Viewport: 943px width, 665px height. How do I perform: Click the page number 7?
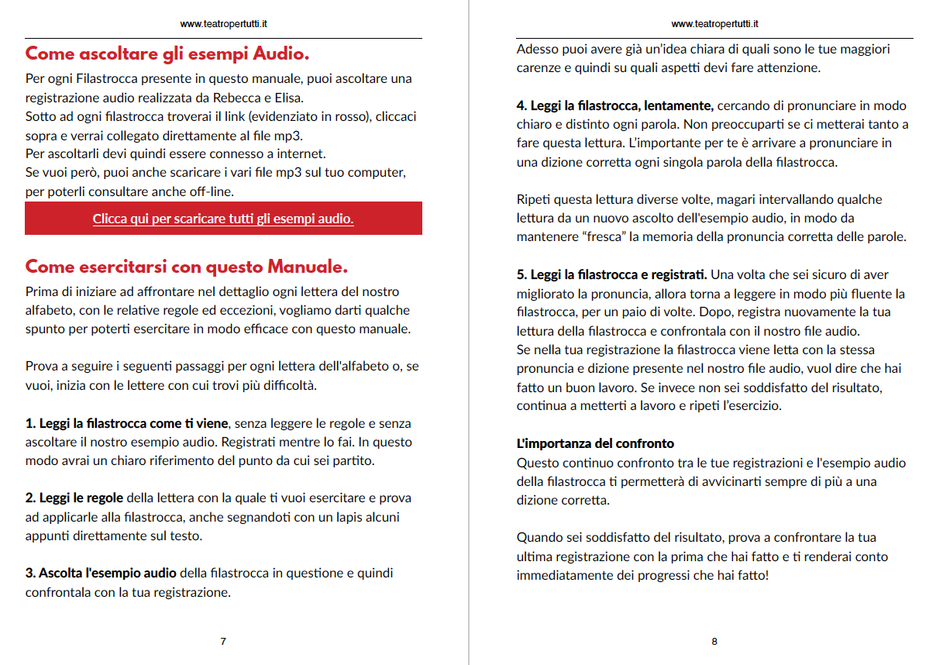223,641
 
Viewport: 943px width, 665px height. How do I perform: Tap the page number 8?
714,641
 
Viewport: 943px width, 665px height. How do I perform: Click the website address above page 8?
714,24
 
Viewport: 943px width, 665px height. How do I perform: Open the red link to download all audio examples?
223,219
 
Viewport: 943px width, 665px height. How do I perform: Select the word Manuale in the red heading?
307,267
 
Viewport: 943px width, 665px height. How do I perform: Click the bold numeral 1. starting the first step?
31,423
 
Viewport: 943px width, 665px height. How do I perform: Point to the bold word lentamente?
675,105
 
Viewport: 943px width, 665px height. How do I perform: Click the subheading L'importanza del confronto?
595,444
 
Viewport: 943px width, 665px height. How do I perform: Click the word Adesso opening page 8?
538,49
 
